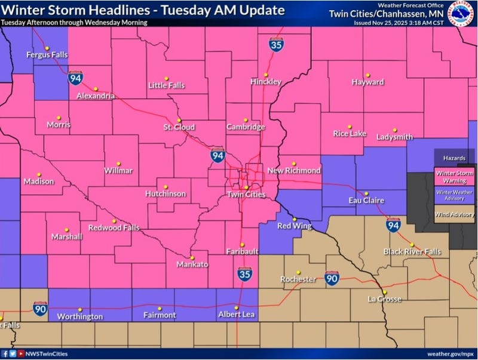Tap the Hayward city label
(x=367, y=82)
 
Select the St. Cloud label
(x=179, y=127)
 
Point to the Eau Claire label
(x=366, y=200)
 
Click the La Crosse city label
(x=385, y=299)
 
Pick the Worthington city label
(x=80, y=316)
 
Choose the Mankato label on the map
(x=192, y=264)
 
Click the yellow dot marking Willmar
(x=118, y=162)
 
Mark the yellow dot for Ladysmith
(x=395, y=129)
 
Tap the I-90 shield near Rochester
(x=332, y=278)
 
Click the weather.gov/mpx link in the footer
(x=451, y=354)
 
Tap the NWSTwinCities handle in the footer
(x=44, y=354)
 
